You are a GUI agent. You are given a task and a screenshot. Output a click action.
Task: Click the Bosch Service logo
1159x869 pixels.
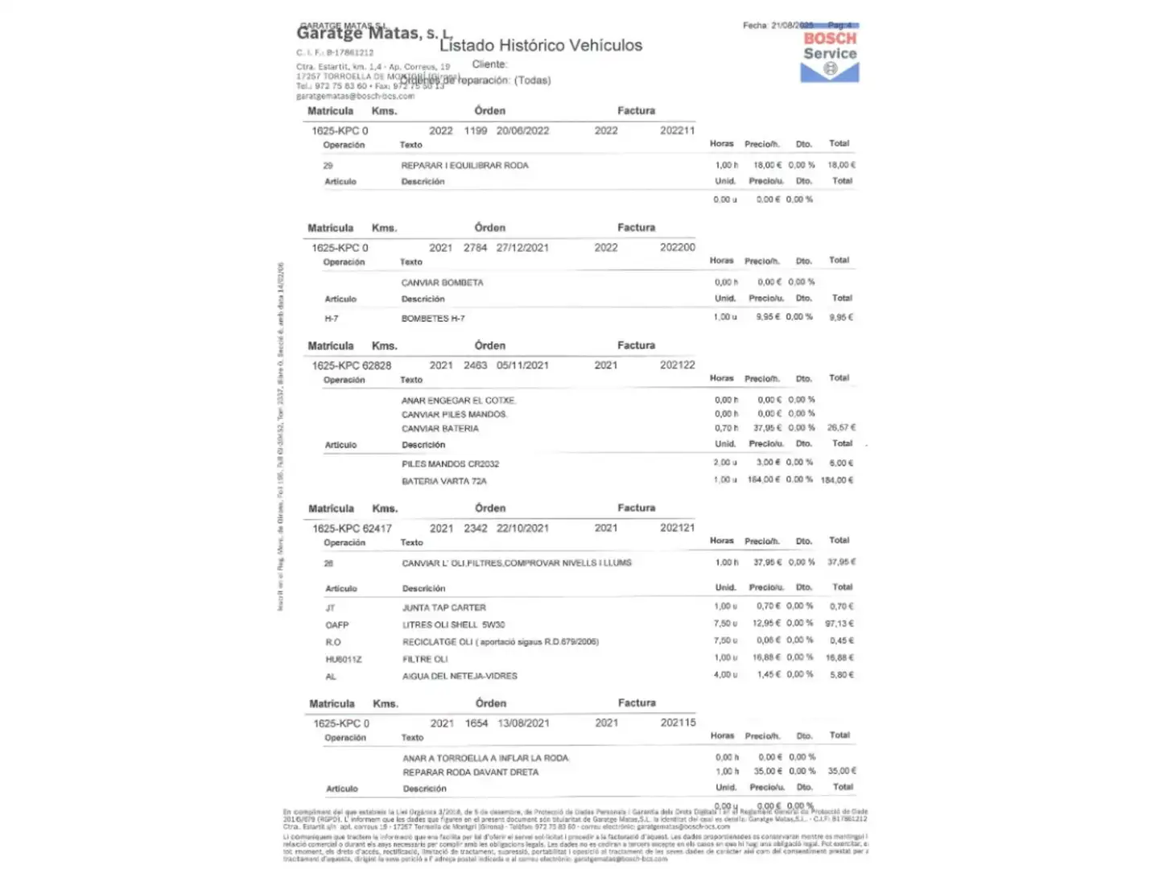click(x=830, y=56)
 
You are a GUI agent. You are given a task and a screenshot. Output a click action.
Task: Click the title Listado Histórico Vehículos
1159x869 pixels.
click(x=541, y=45)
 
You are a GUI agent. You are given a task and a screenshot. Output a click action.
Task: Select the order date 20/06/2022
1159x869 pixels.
click(x=522, y=130)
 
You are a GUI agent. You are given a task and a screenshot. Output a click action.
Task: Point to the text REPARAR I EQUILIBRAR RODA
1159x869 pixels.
click(x=464, y=165)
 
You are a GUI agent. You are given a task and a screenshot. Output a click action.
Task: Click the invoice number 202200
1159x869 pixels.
click(x=677, y=247)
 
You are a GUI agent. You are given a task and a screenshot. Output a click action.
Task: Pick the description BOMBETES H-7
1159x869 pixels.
click(x=433, y=319)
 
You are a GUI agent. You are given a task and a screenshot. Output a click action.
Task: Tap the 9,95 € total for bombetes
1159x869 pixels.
click(x=841, y=317)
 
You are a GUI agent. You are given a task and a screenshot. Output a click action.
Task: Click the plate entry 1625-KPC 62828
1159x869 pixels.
click(x=351, y=365)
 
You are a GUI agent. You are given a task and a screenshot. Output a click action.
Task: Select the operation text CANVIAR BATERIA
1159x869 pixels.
click(x=439, y=429)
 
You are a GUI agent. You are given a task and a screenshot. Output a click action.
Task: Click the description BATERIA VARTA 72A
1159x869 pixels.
click(x=444, y=481)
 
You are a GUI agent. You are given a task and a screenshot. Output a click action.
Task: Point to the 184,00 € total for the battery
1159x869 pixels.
click(x=837, y=480)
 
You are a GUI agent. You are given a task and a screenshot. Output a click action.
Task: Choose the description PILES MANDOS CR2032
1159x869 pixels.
click(x=450, y=464)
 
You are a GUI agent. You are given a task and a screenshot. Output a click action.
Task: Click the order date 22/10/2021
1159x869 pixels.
click(x=522, y=529)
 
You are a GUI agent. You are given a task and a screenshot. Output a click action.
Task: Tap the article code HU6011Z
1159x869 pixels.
click(x=344, y=659)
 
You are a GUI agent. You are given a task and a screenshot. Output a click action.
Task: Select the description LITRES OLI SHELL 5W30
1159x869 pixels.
click(x=453, y=624)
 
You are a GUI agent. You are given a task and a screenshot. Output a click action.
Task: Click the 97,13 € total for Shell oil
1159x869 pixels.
click(x=839, y=624)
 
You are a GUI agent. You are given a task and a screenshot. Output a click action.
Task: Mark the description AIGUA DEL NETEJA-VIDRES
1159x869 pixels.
click(x=460, y=676)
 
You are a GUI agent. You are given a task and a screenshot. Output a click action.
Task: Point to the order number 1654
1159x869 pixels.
click(x=476, y=723)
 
